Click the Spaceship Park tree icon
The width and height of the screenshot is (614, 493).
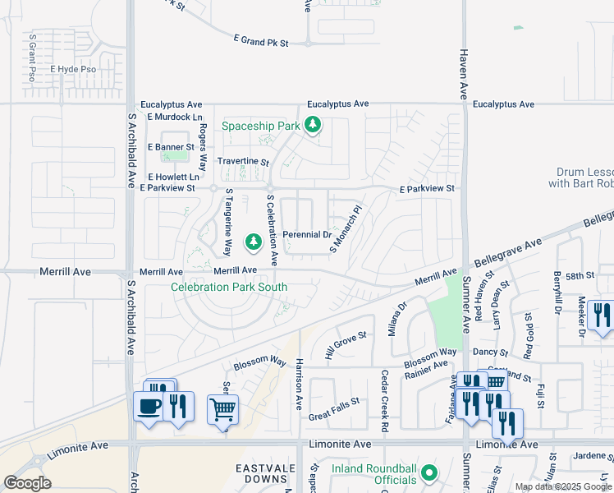312,126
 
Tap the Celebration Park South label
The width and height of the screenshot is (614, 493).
229,287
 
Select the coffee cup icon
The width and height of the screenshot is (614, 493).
149,407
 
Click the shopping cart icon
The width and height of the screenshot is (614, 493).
223,408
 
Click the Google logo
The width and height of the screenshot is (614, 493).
28,483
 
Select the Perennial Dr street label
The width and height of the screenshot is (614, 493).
306,235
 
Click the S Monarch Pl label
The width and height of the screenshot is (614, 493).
345,229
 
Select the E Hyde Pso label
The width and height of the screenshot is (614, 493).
73,70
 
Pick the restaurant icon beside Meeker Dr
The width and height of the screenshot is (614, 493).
602,315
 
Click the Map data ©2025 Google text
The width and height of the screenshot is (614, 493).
564,486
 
